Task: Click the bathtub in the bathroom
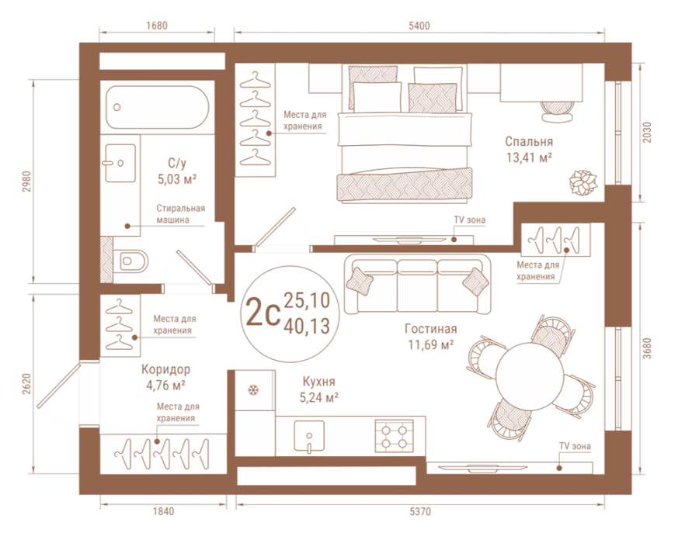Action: pos(158,107)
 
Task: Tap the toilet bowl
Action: pos(130,261)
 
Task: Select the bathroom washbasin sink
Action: pos(120,163)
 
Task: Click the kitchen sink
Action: pos(309,436)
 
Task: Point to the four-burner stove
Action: pos(394,437)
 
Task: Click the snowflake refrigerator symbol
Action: pos(254,391)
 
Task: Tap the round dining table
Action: pos(530,375)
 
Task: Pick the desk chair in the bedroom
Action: pos(557,111)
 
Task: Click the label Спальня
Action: pos(529,141)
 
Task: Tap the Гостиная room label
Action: pos(430,329)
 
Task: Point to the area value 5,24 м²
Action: pos(318,397)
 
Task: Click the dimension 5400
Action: pos(419,26)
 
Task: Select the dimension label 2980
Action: pos(27,182)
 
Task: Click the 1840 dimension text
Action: pos(164,511)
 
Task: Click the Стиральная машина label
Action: pos(180,214)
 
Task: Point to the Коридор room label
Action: pos(166,369)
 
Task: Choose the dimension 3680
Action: pos(647,349)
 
